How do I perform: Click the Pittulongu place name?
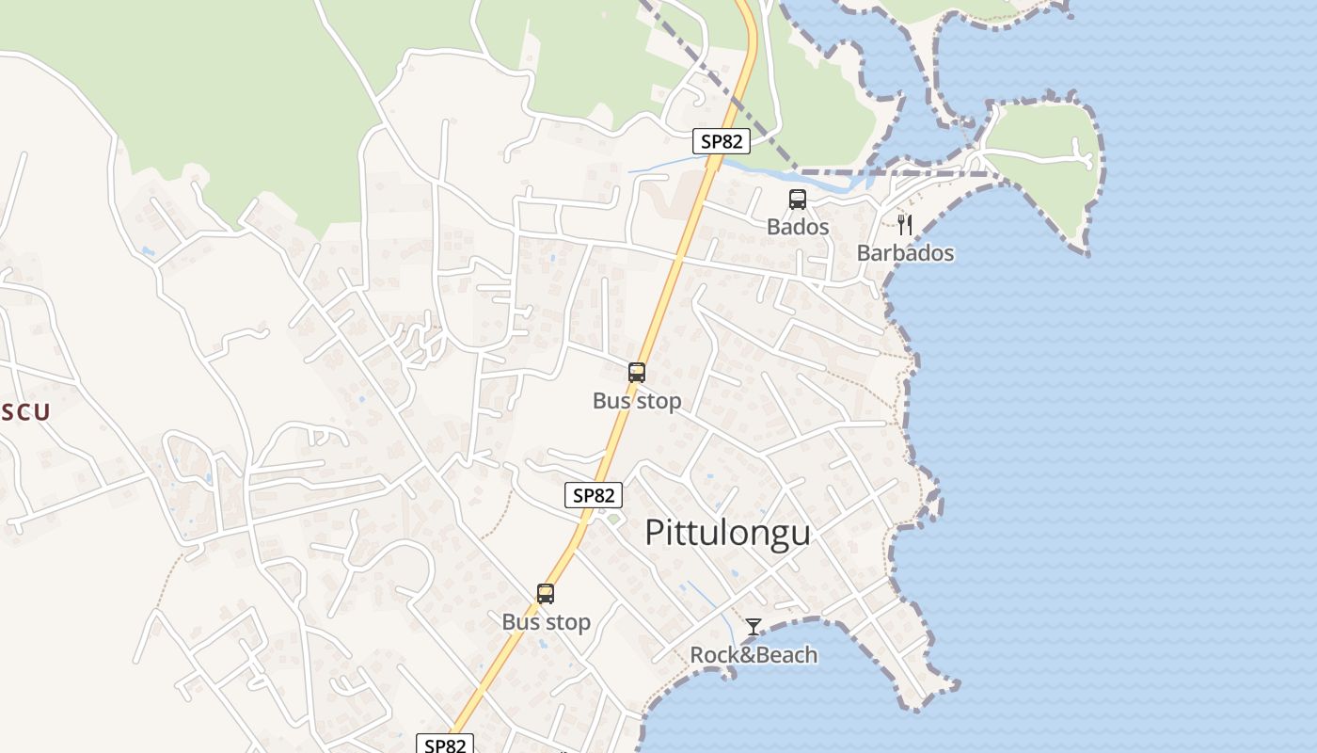[x=727, y=533]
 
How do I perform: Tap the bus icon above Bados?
[x=798, y=200]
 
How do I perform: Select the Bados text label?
[x=798, y=227]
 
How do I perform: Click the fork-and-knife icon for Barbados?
[x=905, y=225]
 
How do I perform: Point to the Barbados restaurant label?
[x=905, y=253]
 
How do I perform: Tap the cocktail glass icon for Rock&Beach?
[x=754, y=627]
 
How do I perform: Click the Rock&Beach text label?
[x=754, y=655]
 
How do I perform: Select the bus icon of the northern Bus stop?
[x=637, y=373]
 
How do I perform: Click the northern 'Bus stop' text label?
[x=637, y=401]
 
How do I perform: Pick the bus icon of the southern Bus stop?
[x=546, y=594]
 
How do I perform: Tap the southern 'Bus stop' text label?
[x=546, y=622]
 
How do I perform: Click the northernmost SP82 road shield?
[x=722, y=142]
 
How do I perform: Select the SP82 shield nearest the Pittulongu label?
[x=594, y=495]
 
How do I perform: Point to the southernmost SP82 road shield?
[x=445, y=745]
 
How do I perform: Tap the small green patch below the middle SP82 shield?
[x=613, y=519]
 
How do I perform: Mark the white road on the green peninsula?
[x=1035, y=156]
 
